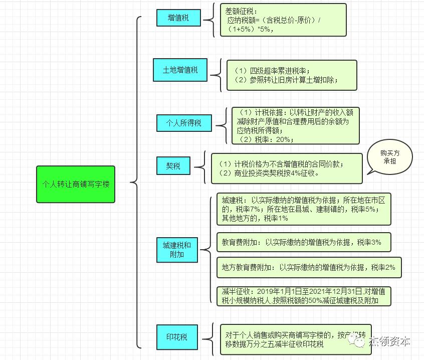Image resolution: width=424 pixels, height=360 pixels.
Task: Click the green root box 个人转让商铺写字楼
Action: click(76, 184)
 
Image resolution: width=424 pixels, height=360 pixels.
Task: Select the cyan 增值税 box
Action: click(178, 18)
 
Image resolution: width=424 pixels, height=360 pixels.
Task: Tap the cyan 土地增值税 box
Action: click(180, 70)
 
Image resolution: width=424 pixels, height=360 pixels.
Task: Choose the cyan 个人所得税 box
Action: click(183, 123)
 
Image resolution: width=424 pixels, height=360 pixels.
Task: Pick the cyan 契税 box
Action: click(173, 165)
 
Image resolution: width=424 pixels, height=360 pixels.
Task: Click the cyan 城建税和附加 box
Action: click(177, 250)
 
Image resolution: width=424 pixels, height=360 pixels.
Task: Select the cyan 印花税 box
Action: click(176, 337)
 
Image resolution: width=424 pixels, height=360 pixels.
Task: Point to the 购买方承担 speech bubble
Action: click(389, 157)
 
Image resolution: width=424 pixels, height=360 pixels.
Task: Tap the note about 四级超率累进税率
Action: click(292, 75)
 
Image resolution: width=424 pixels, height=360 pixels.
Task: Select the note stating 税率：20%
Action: click(296, 126)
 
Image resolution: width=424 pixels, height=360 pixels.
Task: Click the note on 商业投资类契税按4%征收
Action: click(286, 168)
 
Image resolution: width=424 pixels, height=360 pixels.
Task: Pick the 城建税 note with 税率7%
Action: click(304, 209)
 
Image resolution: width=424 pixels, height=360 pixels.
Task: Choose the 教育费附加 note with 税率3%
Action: click(303, 242)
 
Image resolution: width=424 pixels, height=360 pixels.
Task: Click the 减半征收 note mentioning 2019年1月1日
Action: click(303, 296)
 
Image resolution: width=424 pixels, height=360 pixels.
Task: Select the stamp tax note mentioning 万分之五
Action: click(295, 339)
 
